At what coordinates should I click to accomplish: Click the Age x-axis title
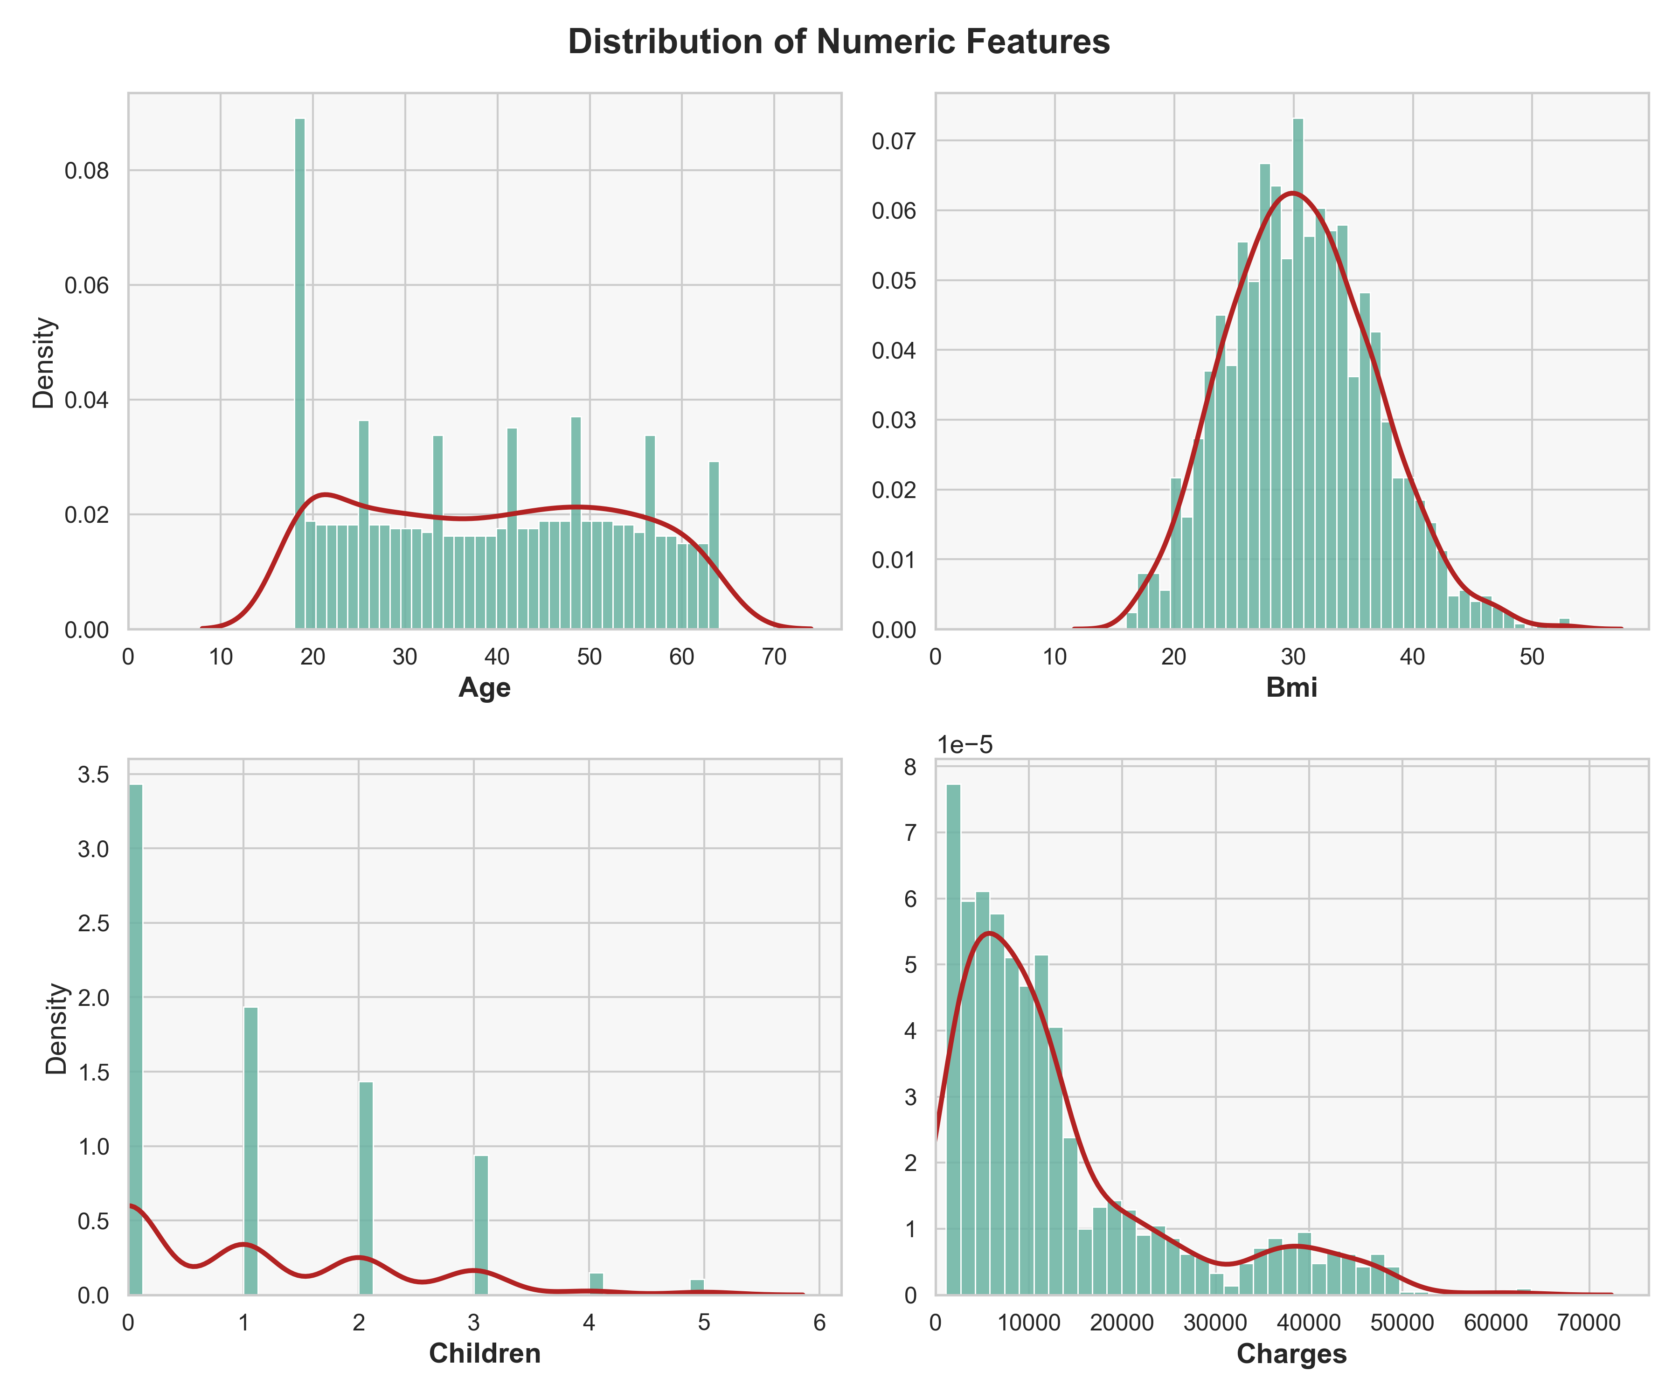pyautogui.click(x=485, y=688)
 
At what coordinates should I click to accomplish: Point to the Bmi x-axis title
pyautogui.click(x=1291, y=688)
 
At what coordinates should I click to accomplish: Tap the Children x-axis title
pyautogui.click(x=485, y=1353)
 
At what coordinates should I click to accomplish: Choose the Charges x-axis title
pyautogui.click(x=1291, y=1353)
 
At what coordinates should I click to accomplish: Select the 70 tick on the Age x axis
pyautogui.click(x=774, y=657)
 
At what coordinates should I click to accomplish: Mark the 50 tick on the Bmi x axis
pyautogui.click(x=1532, y=657)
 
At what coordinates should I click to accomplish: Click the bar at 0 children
pyautogui.click(x=136, y=1039)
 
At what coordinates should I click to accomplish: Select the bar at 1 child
pyautogui.click(x=251, y=1151)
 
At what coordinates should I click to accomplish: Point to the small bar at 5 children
pyautogui.click(x=697, y=1287)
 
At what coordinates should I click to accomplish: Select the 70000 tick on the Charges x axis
pyautogui.click(x=1589, y=1322)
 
